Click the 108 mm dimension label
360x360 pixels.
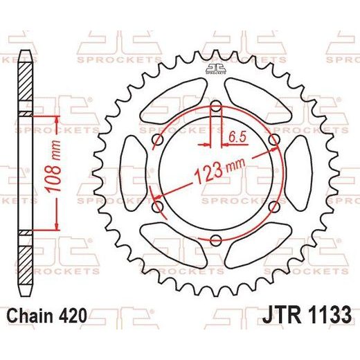(53, 166)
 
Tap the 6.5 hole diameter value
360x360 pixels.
(237, 137)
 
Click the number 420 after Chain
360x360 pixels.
(73, 315)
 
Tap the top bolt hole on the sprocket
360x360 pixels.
(216, 106)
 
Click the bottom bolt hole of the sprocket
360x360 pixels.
(216, 240)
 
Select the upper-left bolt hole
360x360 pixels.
(158, 140)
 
